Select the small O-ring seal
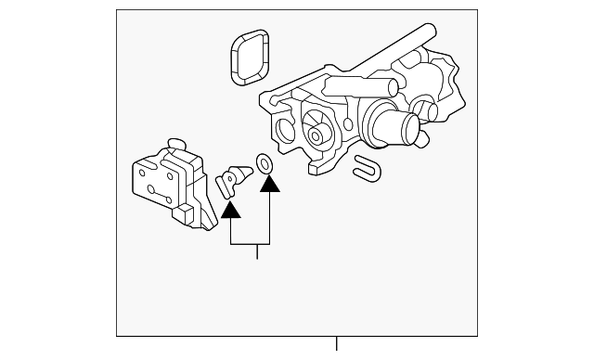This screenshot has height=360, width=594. tap(265, 164)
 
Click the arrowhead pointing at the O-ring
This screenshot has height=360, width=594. tap(269, 186)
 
